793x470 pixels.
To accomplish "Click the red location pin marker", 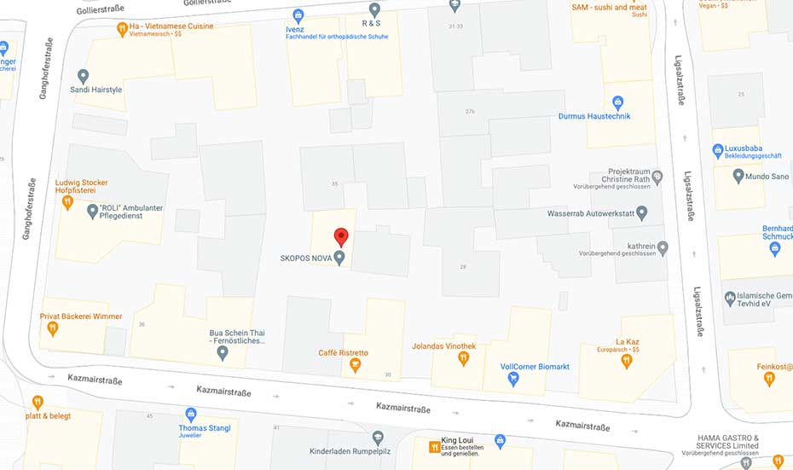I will (341, 236).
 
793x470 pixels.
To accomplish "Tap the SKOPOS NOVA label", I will (305, 258).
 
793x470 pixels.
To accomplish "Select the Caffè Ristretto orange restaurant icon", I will (355, 366).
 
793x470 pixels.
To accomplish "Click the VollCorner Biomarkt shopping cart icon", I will (513, 380).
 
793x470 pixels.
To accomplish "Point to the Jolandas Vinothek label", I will (443, 345).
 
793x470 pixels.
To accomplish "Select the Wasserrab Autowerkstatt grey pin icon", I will (642, 212).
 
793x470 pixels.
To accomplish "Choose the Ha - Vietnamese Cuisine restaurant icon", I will (123, 28).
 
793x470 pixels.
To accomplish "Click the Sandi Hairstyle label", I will (96, 90).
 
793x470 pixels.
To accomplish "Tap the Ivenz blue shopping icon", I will (298, 15).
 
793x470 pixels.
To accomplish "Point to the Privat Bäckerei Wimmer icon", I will (53, 328).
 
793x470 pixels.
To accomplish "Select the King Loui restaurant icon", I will (431, 446).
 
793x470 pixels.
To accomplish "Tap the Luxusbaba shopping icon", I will (718, 150).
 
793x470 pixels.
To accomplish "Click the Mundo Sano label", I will (767, 177).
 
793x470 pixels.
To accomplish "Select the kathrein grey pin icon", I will (663, 247).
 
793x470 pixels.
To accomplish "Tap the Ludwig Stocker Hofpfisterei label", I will (82, 187).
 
